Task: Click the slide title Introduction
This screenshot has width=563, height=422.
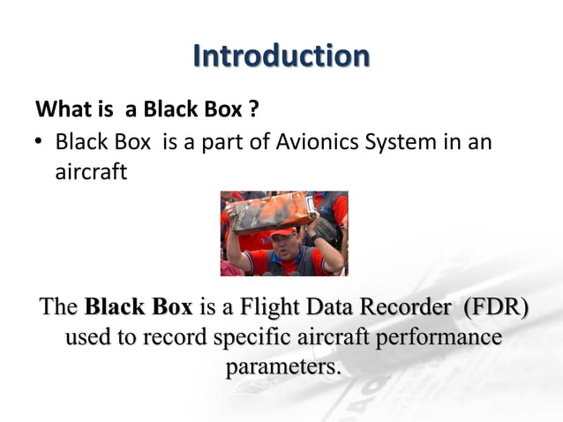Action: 281,56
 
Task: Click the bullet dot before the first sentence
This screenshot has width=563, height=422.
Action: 41,143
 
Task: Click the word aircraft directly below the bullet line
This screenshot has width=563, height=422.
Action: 91,172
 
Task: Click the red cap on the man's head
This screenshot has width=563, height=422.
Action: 281,233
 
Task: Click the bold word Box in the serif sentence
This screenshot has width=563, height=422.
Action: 171,308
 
